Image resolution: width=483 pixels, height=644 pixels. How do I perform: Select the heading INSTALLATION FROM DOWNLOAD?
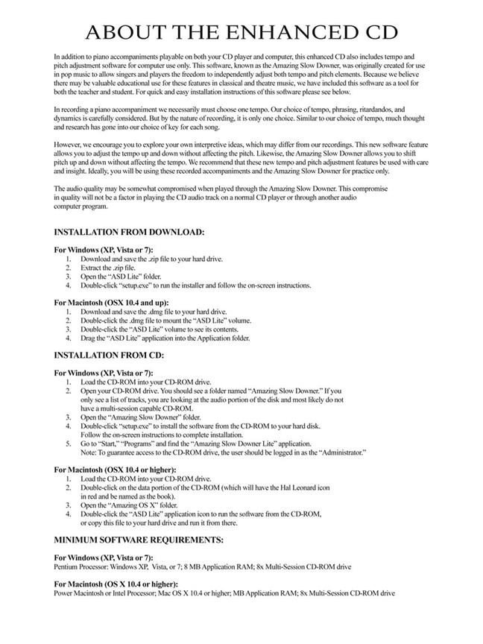pyautogui.click(x=129, y=233)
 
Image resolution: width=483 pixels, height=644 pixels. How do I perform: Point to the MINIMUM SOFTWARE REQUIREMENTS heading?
pyautogui.click(x=139, y=539)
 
